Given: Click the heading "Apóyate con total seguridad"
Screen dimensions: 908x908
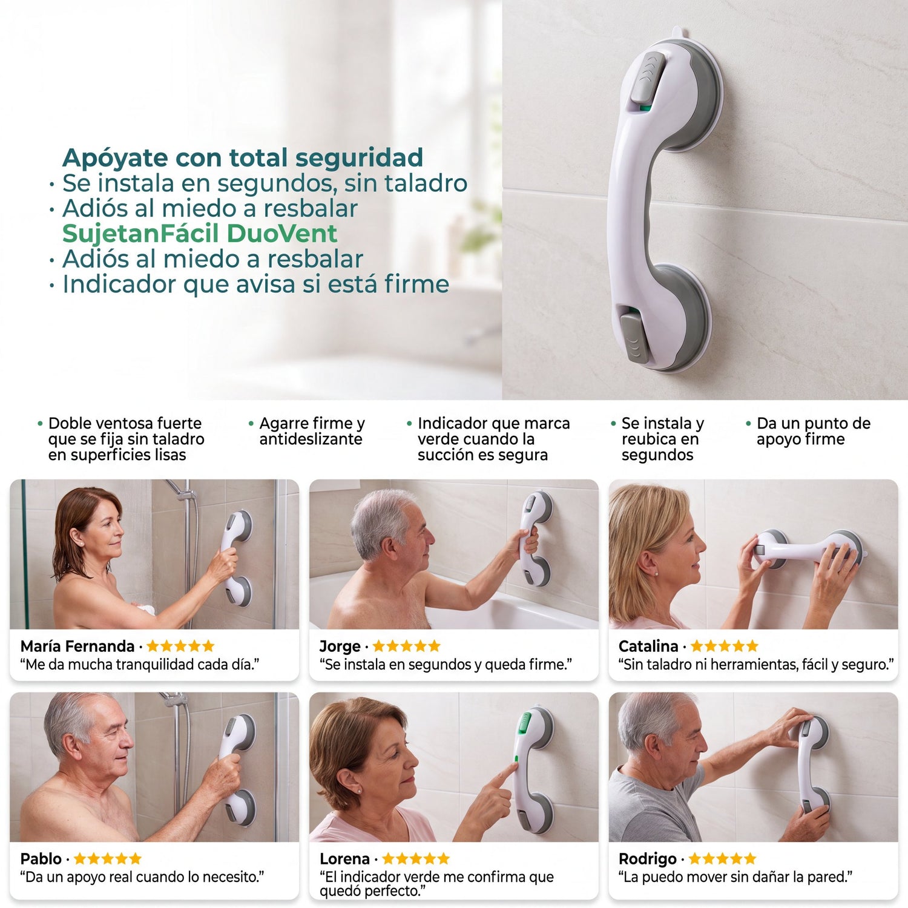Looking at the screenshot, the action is pos(243,158).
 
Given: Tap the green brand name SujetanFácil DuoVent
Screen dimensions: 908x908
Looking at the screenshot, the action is pos(200,234).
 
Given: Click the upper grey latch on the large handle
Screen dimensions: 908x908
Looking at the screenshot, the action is pos(648,77).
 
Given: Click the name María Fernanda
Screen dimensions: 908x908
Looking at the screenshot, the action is pos(77,646).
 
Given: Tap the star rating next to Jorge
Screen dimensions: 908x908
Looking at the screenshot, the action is pos(406,646).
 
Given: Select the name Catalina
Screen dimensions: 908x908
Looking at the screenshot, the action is pos(648,646).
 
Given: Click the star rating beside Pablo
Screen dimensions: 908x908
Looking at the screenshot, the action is pos(107,858).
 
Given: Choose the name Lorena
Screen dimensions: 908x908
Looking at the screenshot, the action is pos(344,858).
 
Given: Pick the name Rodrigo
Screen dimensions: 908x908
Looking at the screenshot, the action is pos(648,858).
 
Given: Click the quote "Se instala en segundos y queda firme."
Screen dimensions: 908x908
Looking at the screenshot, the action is pos(446,665).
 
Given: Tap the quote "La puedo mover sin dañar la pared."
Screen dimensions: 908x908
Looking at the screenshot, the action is pos(735,877).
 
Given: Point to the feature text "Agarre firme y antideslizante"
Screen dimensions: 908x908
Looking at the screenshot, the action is pos(312,431).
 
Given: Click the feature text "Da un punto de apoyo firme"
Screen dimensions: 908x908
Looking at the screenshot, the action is pos(814,431).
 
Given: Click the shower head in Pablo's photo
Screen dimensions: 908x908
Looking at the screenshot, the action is pos(174,700).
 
